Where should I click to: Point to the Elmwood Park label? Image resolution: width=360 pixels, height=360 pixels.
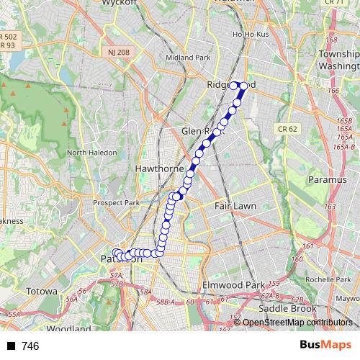(x=233, y=284)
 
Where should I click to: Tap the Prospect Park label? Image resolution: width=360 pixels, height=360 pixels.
(x=117, y=203)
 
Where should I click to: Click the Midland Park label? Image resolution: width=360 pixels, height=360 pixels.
(x=186, y=58)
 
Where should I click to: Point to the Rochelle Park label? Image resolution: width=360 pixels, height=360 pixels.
(x=327, y=279)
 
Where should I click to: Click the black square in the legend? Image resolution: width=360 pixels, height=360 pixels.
(x=11, y=346)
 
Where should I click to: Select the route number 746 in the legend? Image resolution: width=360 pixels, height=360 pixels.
(x=30, y=346)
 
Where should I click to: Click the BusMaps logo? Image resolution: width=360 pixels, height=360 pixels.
(x=324, y=346)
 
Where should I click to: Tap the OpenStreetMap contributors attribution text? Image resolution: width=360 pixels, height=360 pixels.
(x=298, y=323)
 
